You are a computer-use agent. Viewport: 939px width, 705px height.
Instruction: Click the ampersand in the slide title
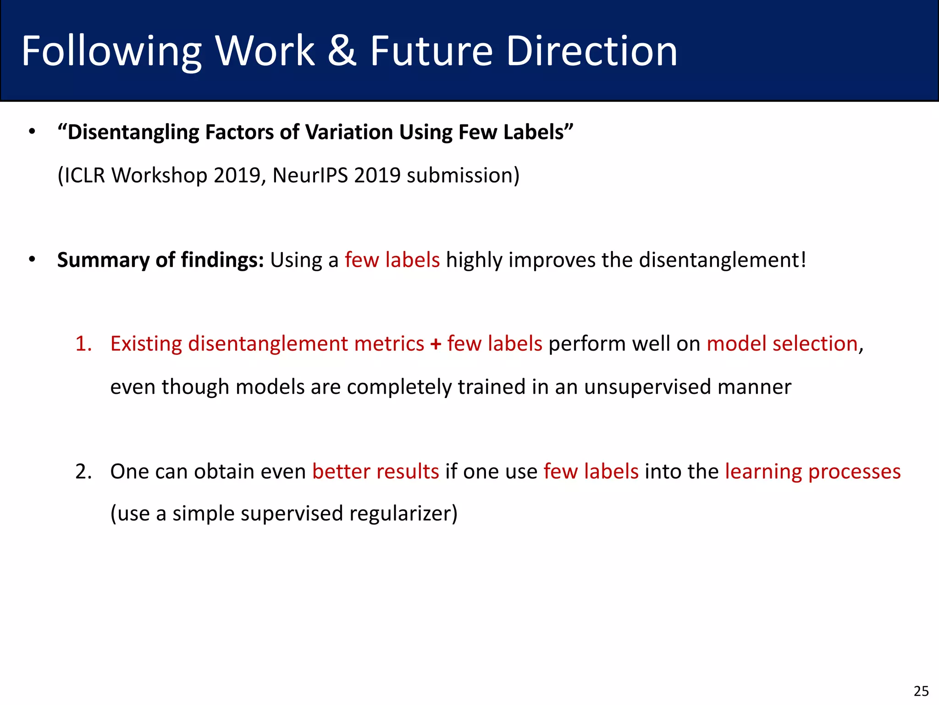(342, 51)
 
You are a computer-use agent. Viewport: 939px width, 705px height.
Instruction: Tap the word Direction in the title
(591, 51)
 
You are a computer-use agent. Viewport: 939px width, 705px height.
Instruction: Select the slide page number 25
(921, 691)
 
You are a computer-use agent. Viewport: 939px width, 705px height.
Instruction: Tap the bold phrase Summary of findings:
(160, 260)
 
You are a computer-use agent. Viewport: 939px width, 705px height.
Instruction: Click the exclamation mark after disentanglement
(802, 260)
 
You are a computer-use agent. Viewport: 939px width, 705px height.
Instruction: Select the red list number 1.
(83, 344)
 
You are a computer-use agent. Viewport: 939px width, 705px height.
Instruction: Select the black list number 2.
(83, 472)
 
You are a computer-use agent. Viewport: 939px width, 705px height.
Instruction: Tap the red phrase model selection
(782, 344)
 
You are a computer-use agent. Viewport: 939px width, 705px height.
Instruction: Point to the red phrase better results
(376, 472)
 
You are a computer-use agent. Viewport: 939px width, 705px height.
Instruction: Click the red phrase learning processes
(812, 472)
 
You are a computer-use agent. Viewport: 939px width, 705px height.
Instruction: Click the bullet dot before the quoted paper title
(32, 132)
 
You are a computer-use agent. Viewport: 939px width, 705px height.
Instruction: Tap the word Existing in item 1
(146, 344)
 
